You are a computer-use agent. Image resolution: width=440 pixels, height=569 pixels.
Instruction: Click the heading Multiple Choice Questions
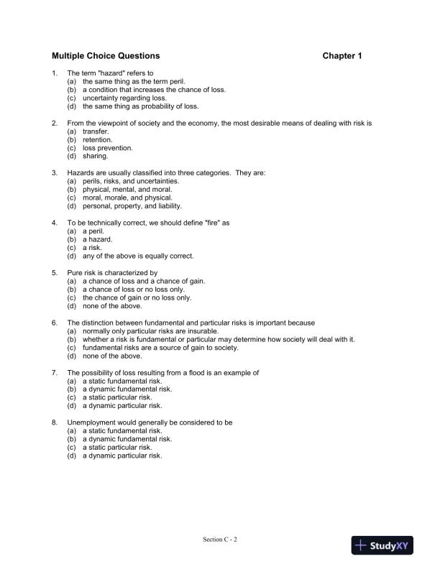106,55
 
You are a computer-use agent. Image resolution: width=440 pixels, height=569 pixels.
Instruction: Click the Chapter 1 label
342,55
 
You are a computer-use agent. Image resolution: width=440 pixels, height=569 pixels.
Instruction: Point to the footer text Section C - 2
220,538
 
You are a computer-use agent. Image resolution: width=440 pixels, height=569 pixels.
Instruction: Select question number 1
55,73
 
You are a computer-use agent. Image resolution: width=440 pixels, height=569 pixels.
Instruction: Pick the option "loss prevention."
107,147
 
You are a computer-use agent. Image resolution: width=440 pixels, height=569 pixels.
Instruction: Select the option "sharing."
95,155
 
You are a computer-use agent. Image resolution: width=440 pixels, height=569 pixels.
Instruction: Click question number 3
55,173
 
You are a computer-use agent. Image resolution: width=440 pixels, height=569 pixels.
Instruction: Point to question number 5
55,273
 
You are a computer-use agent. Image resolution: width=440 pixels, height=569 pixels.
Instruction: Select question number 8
55,422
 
